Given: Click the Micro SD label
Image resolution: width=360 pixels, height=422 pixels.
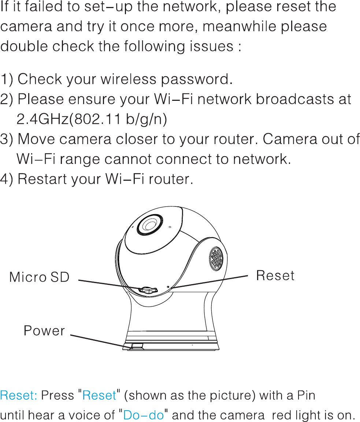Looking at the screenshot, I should click(39, 277).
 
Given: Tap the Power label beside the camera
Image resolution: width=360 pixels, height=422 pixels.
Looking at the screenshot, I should click(44, 331).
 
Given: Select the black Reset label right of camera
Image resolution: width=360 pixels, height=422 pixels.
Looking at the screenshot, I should click(275, 275).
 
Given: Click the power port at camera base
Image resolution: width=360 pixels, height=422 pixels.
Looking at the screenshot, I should click(136, 345).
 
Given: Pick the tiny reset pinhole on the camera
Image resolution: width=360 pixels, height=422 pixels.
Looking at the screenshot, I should click(168, 287).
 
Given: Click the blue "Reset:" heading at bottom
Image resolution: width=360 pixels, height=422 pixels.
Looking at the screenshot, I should click(19, 395).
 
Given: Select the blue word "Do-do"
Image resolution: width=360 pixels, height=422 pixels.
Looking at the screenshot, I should click(143, 415).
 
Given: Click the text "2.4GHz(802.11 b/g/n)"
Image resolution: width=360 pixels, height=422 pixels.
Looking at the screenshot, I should click(92, 119).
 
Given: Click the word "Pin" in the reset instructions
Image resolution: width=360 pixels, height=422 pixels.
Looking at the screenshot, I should click(306, 395).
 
